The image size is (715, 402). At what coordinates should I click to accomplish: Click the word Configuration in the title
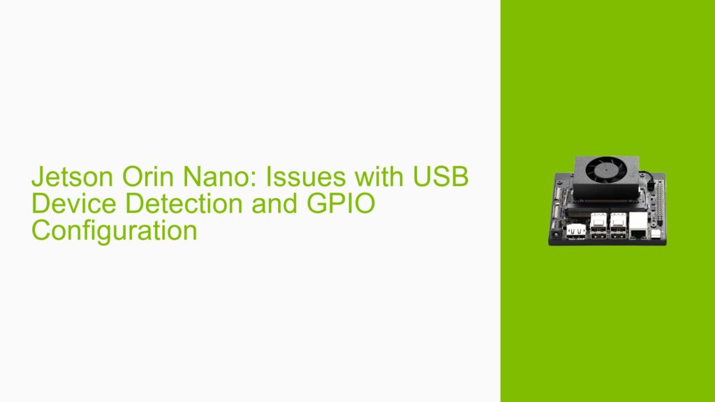point(114,230)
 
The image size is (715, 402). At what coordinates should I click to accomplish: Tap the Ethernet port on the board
point(638,225)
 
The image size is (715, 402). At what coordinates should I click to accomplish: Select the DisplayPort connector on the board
point(576,230)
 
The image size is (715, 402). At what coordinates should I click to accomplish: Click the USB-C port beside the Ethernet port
point(656,233)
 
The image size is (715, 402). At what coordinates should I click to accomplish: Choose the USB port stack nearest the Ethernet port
point(618,225)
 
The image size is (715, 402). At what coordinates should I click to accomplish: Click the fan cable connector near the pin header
point(649,175)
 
